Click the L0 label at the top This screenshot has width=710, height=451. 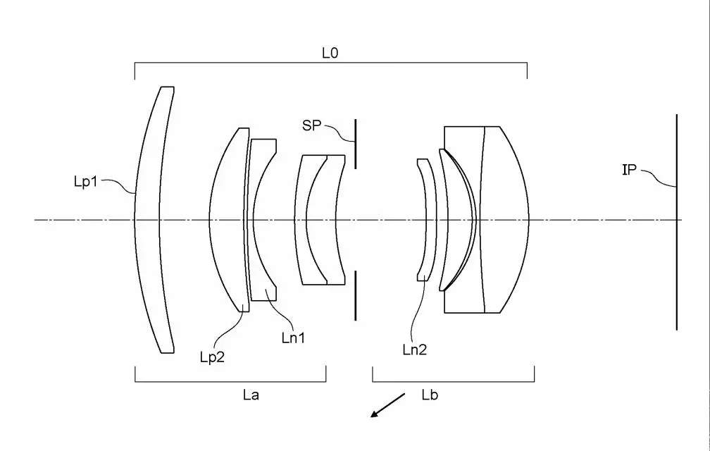pos(330,53)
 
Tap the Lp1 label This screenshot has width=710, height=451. pos(87,182)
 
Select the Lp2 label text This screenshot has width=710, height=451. pos(212,357)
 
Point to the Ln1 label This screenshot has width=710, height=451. pos(292,338)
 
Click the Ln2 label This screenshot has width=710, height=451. pos(414,348)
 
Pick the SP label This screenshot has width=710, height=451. pos(311,125)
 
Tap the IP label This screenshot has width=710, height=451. pos(630,169)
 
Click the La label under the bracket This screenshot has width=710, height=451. pos(251,395)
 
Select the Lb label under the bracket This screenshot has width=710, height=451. pos(430,395)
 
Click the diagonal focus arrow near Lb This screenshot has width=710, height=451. pos(387,405)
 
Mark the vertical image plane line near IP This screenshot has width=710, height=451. pos(676,268)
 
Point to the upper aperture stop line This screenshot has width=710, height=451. pos(356,144)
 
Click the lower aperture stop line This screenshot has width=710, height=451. pos(356,296)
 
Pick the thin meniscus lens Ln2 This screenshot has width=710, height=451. pos(424,220)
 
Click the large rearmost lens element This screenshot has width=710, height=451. pos(504,220)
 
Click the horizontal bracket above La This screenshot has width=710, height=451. pos(230,381)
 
